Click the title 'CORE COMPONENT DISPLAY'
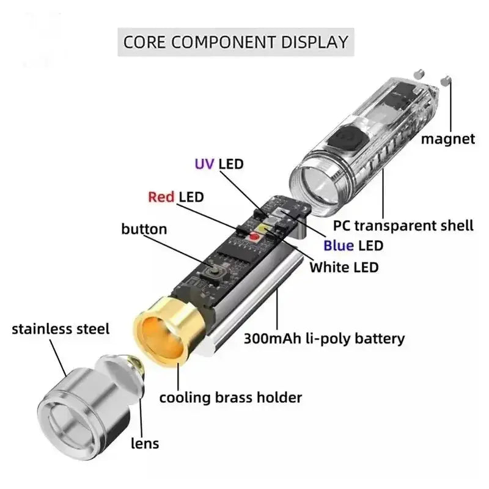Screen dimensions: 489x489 click(x=235, y=42)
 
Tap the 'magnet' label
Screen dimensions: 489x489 click(x=447, y=139)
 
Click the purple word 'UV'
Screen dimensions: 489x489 click(x=204, y=164)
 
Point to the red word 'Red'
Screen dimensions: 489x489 click(x=161, y=197)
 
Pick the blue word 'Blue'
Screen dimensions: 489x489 click(x=339, y=246)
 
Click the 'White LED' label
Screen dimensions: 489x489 click(x=344, y=267)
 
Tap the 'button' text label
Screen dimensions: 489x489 click(x=144, y=229)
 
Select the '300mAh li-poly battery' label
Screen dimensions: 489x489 click(x=324, y=338)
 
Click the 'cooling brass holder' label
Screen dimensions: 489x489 click(x=230, y=397)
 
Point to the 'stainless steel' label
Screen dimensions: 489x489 click(x=61, y=329)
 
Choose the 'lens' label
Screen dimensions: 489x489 click(x=145, y=443)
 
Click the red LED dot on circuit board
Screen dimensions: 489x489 click(x=252, y=237)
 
